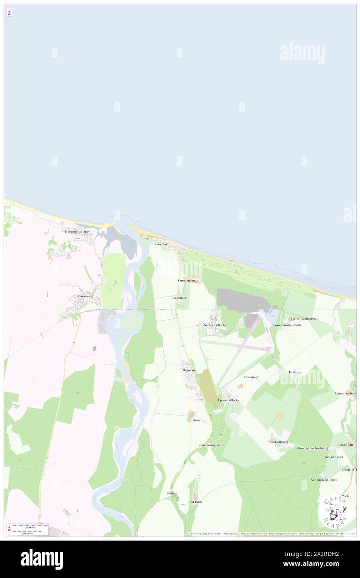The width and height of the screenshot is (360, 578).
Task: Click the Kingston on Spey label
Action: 77,232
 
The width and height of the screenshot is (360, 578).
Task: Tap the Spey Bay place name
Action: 161,245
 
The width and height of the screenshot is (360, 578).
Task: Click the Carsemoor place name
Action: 179,298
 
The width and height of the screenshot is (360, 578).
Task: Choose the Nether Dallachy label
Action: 215,325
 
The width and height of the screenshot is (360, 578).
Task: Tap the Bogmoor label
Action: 189,370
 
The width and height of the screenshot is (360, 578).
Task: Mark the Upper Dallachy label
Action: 228,400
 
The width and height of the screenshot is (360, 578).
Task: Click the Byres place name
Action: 196,420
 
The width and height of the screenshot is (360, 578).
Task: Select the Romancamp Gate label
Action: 210,445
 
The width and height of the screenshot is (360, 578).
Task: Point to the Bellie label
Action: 171,493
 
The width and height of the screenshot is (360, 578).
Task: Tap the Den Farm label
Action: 195,502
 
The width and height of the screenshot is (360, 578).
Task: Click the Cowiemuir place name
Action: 251,377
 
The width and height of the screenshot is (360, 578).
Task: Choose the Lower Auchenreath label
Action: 287,325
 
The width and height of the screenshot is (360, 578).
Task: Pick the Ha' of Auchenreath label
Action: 304,319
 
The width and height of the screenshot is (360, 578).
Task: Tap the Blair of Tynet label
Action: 333,457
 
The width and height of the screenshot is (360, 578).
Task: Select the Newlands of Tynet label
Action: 323,479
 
